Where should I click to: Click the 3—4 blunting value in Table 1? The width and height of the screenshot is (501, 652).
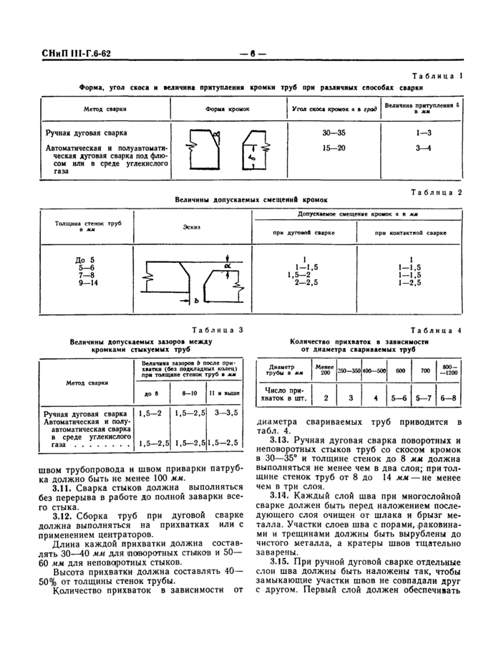(423, 148)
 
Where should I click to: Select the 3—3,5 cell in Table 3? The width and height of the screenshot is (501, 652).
(224, 413)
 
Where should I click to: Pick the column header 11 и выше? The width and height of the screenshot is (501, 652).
(224, 393)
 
